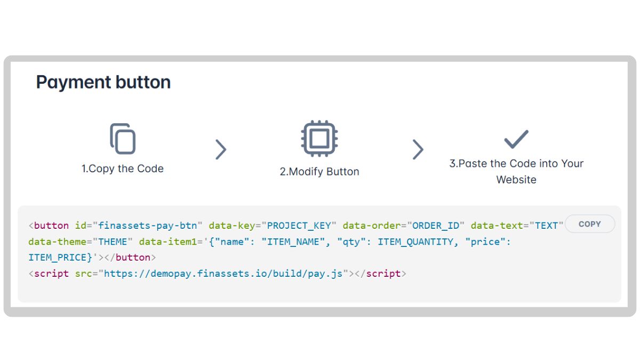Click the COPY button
coord(589,224)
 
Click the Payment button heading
coord(103,82)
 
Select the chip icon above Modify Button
coord(319,139)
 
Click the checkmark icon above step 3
coord(516,139)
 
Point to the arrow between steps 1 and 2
coord(221,150)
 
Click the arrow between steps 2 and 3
coord(418,150)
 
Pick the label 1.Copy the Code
coord(123,169)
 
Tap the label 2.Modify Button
coord(319,172)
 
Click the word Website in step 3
coord(516,180)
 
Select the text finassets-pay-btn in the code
coord(147,226)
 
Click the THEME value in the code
coord(113,242)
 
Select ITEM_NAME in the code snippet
coord(293,242)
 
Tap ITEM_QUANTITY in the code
coord(415,242)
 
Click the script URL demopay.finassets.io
coord(224,274)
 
